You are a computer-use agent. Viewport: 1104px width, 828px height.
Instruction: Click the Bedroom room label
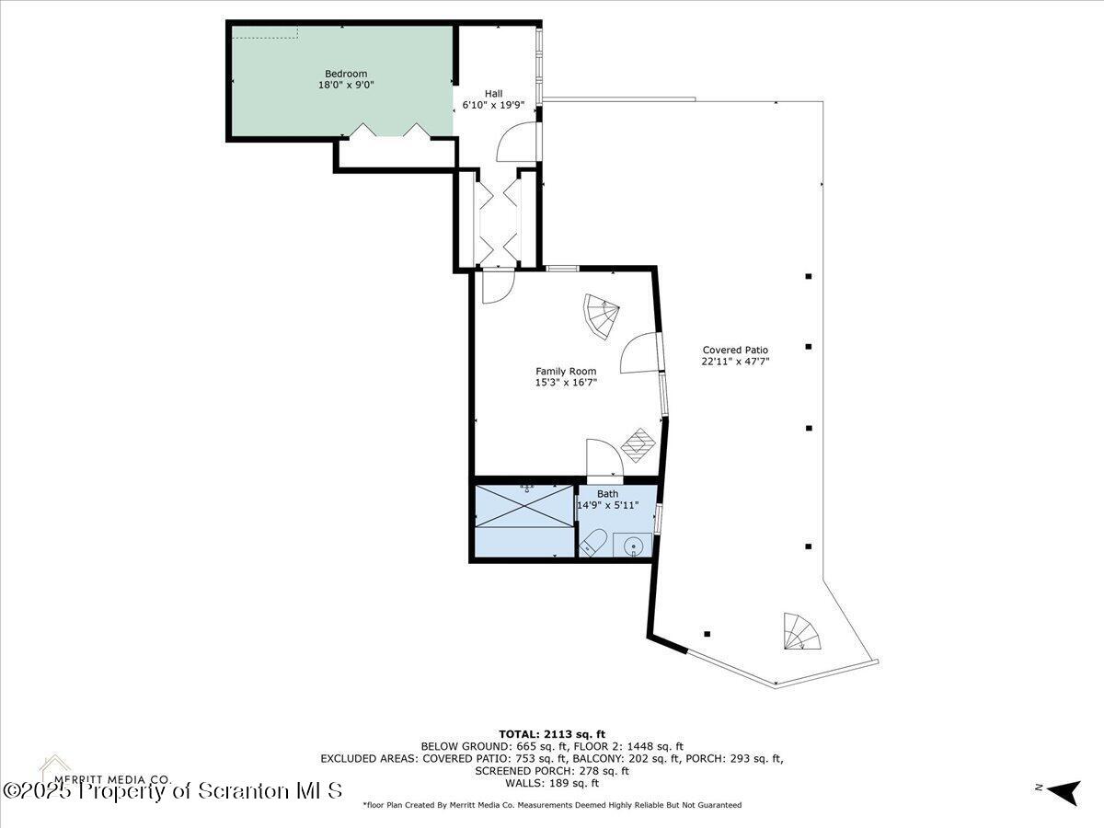point(345,74)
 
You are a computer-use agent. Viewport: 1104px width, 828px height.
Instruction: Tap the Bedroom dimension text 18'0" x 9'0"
point(345,85)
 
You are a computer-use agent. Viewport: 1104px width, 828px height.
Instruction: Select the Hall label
point(494,93)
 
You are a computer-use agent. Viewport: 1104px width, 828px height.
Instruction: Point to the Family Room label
point(566,372)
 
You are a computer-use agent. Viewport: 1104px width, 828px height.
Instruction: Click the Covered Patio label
point(735,350)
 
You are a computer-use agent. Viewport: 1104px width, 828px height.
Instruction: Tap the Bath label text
point(608,494)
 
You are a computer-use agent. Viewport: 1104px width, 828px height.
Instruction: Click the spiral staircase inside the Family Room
point(602,316)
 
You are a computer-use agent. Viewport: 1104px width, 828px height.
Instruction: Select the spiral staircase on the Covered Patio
point(799,632)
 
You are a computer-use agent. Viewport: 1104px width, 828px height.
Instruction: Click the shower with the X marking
point(522,507)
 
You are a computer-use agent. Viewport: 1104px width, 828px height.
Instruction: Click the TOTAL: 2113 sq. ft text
point(551,733)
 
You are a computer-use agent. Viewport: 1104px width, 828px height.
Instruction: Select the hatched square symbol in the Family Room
point(639,446)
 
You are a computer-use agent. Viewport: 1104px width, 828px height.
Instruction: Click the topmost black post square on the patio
point(809,276)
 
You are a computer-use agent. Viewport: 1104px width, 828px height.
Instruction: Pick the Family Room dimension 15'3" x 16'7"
point(566,383)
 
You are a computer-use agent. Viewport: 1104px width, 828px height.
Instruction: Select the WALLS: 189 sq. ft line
point(551,783)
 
